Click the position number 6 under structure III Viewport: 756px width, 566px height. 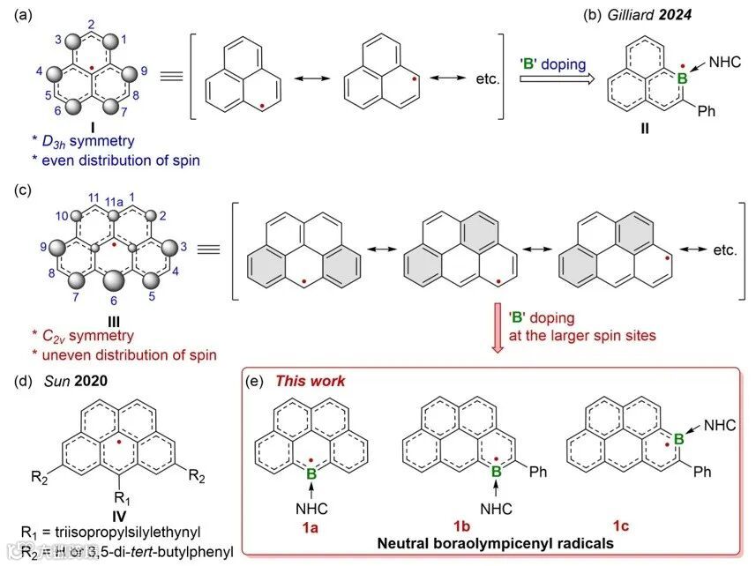[x=113, y=302]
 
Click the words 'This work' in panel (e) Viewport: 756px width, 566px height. [x=310, y=381]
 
